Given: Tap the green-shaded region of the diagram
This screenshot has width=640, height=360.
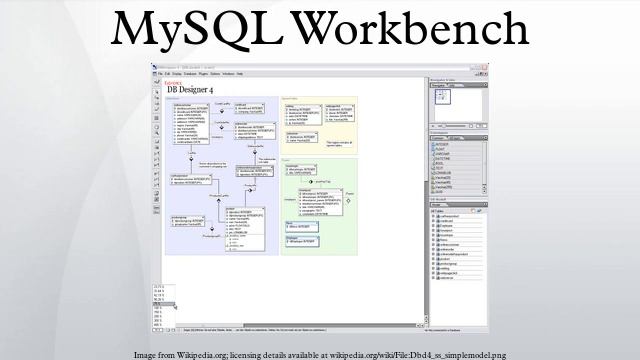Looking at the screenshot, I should pyautogui.click(x=320, y=205).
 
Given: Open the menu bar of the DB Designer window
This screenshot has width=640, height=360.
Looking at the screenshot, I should pyautogui.click(x=190, y=74).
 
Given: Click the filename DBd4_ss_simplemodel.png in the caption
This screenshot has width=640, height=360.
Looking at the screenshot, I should pyautogui.click(x=460, y=354).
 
